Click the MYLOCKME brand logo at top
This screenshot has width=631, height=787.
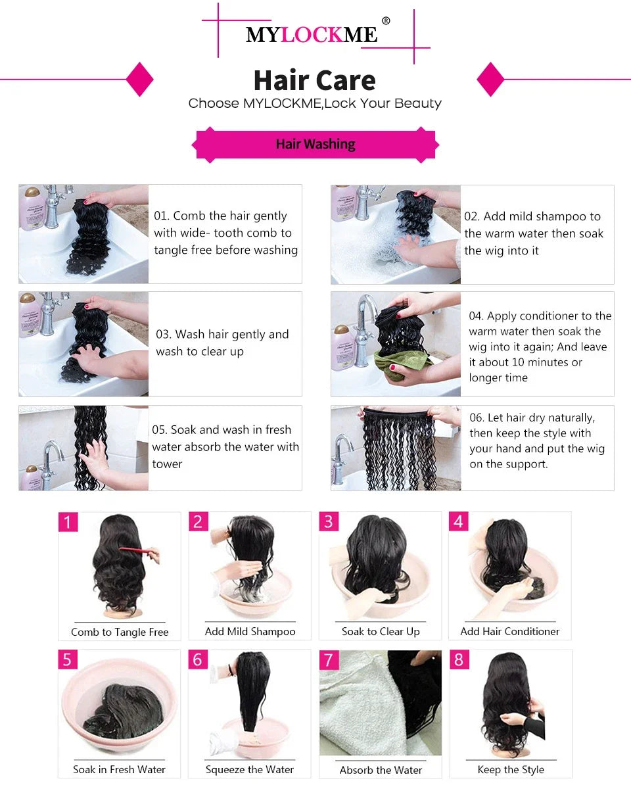coord(312,34)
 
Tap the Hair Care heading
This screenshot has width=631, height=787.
coord(314,80)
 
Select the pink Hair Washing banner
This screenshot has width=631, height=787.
coord(315,144)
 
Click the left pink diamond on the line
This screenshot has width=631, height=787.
coord(139,80)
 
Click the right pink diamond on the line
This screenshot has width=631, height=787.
coord(490,80)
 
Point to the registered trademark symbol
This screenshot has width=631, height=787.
coord(386,21)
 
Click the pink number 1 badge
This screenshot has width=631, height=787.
coord(68,522)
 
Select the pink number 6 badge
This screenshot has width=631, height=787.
coord(198,659)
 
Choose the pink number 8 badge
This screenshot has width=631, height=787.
coord(459,659)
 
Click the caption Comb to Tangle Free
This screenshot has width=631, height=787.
coord(120,632)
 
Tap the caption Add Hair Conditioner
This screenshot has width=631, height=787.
coord(509,631)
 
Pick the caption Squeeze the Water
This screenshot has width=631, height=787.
coord(250,769)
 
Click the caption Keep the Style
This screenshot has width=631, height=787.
coord(511,769)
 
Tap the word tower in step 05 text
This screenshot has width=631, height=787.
coord(167,464)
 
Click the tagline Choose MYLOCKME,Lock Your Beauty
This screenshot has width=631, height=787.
coord(315,103)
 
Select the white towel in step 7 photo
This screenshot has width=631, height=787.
coord(352,710)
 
